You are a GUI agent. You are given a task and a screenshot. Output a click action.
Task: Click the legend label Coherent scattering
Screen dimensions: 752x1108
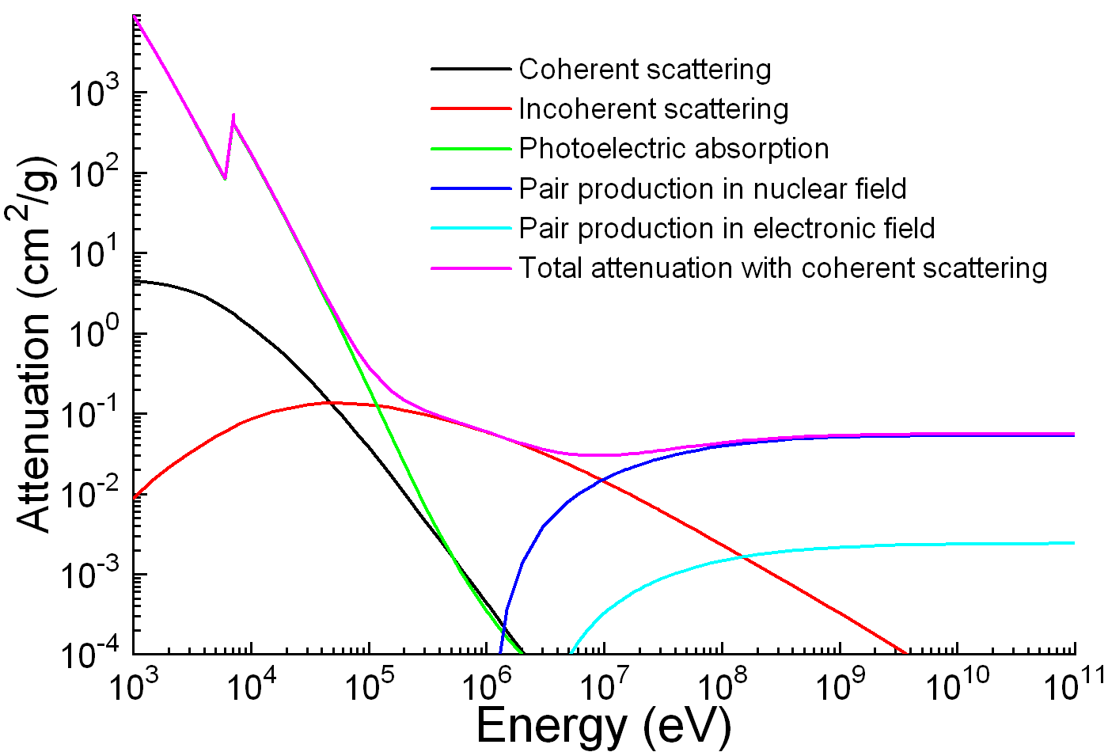pos(644,70)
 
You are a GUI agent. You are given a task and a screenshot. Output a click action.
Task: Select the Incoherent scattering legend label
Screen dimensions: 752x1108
pos(653,109)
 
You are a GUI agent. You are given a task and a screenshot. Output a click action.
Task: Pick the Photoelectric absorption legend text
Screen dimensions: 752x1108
pos(674,149)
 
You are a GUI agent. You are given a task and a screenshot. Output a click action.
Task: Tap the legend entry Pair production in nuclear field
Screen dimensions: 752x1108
pos(712,189)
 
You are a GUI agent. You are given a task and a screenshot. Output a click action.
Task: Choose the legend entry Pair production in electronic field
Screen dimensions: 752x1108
pos(727,229)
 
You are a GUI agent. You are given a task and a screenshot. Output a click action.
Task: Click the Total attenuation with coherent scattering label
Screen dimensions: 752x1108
pos(783,268)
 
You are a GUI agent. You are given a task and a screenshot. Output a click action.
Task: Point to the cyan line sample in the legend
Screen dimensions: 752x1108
pos(471,229)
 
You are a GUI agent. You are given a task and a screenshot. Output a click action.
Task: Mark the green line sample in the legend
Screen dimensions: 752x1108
pos(471,149)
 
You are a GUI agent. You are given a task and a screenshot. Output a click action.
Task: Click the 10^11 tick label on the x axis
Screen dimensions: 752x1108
pos(1073,685)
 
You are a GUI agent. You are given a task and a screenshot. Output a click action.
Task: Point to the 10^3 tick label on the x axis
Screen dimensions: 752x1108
pos(131,685)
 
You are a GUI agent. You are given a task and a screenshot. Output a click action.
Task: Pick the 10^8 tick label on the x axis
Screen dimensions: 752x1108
pos(720,685)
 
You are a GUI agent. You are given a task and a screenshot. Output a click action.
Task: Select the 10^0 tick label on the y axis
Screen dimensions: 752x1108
pos(94,335)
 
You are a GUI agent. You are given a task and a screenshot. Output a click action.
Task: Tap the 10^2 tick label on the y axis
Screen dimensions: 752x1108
pos(94,173)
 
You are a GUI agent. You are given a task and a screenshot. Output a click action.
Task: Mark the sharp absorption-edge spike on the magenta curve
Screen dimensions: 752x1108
pos(233,116)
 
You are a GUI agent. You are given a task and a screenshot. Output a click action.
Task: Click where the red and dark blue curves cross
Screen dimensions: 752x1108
pos(601,480)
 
